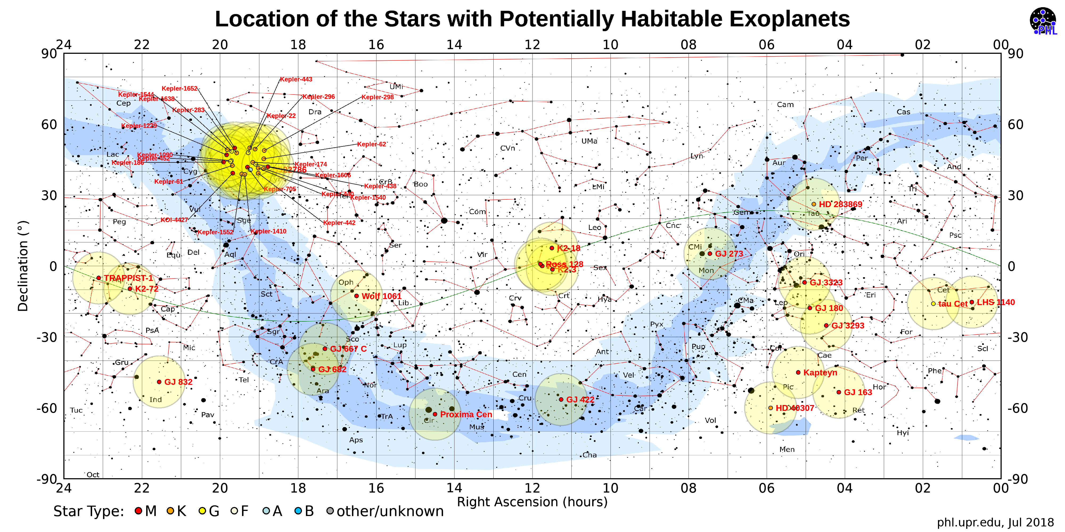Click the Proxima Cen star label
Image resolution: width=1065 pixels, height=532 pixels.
pos(466,415)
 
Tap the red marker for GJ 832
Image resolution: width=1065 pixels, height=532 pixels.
pos(159,382)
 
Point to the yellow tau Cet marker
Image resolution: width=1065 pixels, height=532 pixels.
pos(933,304)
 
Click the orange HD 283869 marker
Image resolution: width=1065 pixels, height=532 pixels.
pos(814,204)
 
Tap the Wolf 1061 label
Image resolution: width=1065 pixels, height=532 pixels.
pos(381,296)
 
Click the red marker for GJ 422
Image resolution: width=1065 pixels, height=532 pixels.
pos(561,399)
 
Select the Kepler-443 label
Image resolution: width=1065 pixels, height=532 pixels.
pos(296,79)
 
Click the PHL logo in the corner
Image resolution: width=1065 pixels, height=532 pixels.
pos(1043,21)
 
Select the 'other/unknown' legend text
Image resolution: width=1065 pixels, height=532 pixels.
pos(390,511)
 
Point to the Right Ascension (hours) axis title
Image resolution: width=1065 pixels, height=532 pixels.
pos(532,502)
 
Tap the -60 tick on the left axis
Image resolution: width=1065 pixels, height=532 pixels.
pos(46,408)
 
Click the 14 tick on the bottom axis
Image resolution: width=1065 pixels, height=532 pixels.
pos(454,488)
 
